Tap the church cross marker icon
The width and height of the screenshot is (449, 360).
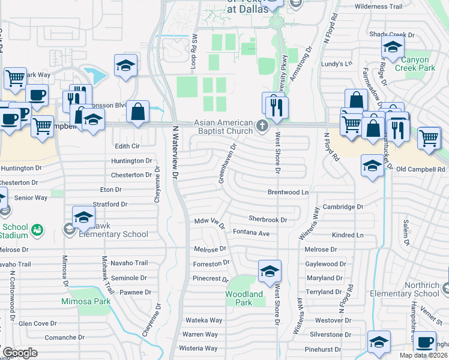pos(261,126)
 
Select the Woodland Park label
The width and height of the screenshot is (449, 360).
pos(244,298)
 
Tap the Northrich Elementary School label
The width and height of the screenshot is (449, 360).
pos(412,289)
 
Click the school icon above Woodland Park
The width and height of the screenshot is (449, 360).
pos(270,271)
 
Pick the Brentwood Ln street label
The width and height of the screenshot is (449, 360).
pos(288,193)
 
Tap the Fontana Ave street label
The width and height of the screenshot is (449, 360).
pos(252,232)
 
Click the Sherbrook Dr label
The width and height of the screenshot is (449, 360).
pos(268,220)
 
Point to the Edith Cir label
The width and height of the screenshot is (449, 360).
pos(127,146)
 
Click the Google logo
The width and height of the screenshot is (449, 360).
pos(20,353)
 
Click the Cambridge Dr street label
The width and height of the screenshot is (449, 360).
pos(343,207)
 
